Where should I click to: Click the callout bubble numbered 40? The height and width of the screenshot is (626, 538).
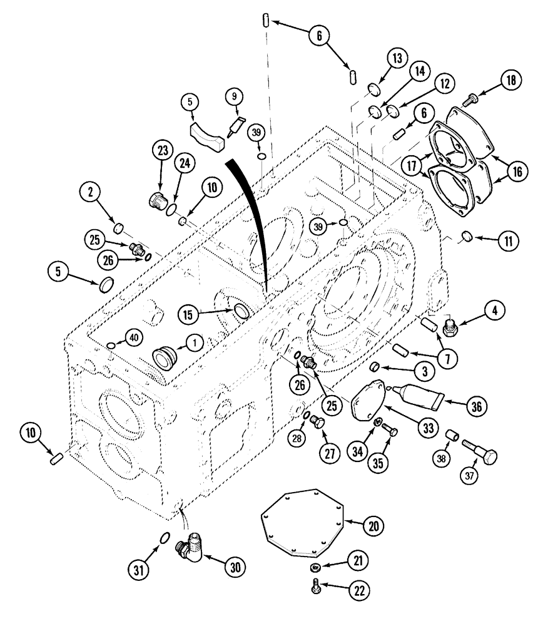click(x=131, y=336)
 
